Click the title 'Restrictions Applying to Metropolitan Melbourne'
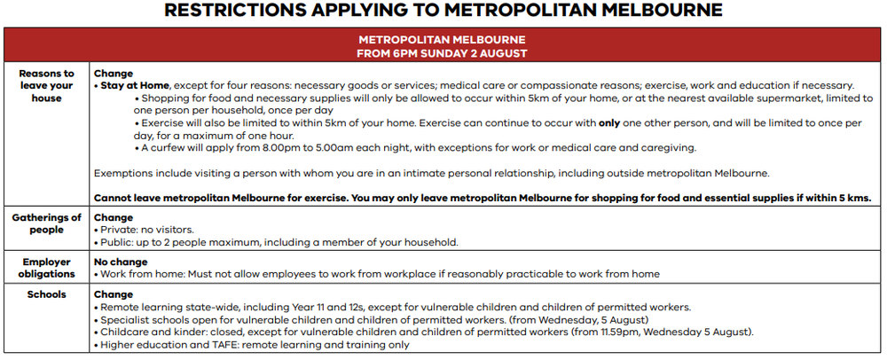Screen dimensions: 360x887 [443, 11]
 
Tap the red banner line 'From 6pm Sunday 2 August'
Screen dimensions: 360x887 [442, 53]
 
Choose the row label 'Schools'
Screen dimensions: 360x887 [46, 294]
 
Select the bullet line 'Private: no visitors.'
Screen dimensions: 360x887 [144, 230]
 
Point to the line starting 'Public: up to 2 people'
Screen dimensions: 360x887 [276, 242]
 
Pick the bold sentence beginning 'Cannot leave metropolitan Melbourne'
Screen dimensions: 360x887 [482, 198]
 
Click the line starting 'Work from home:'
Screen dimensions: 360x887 [377, 274]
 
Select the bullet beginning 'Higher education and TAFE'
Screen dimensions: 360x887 [252, 345]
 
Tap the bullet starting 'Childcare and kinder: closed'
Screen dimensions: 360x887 [424, 333]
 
